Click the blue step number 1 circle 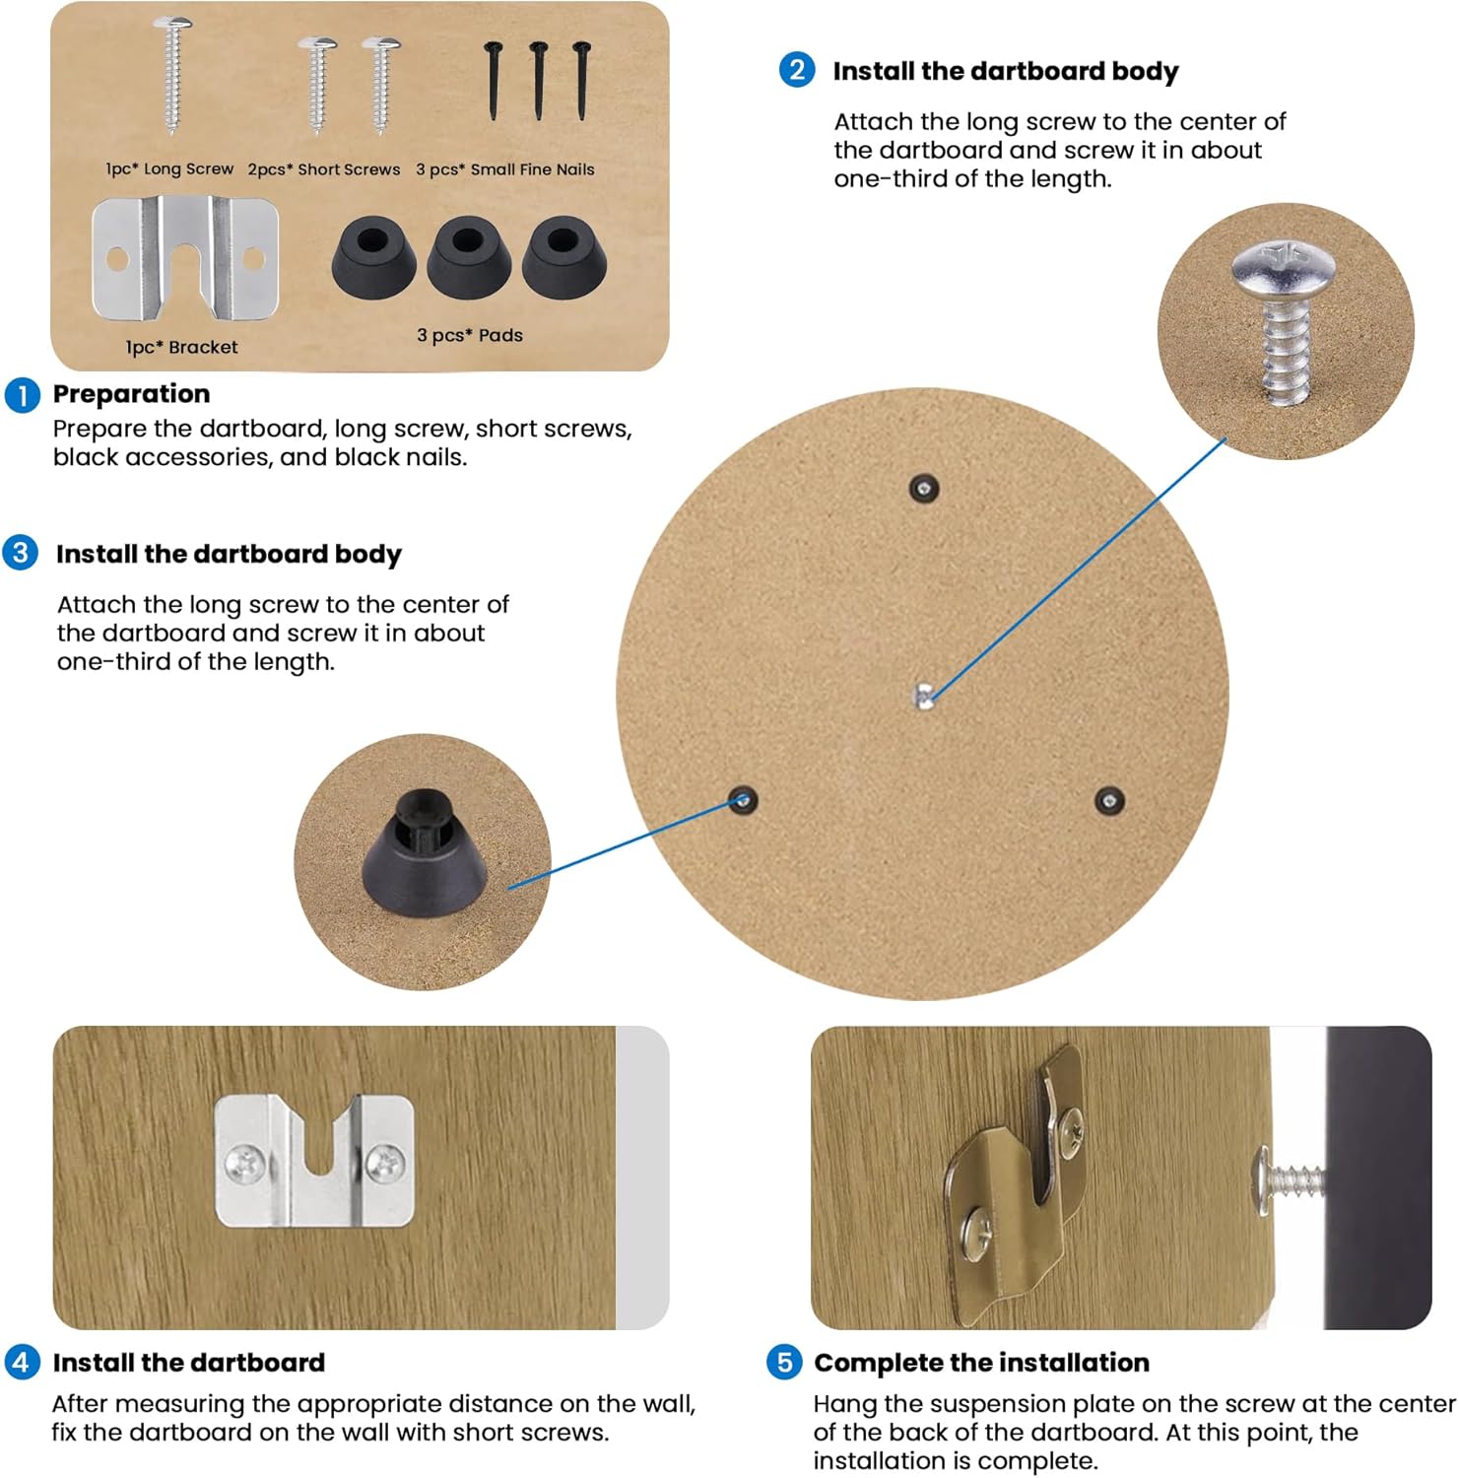tap(22, 395)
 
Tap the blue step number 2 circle tap(797, 70)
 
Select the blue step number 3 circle tap(20, 553)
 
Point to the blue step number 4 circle tap(22, 1363)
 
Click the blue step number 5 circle tap(784, 1363)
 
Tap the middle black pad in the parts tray tap(467, 257)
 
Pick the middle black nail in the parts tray tap(538, 81)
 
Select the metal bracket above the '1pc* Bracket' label tap(185, 258)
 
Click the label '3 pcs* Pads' tap(470, 335)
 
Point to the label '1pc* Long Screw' tap(169, 169)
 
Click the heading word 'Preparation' tap(131, 394)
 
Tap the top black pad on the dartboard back tap(923, 488)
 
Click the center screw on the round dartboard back tap(924, 696)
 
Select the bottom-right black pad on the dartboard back tap(1110, 800)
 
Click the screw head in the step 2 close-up tap(1283, 264)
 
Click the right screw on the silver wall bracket tap(384, 1165)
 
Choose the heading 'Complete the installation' tap(981, 1363)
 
